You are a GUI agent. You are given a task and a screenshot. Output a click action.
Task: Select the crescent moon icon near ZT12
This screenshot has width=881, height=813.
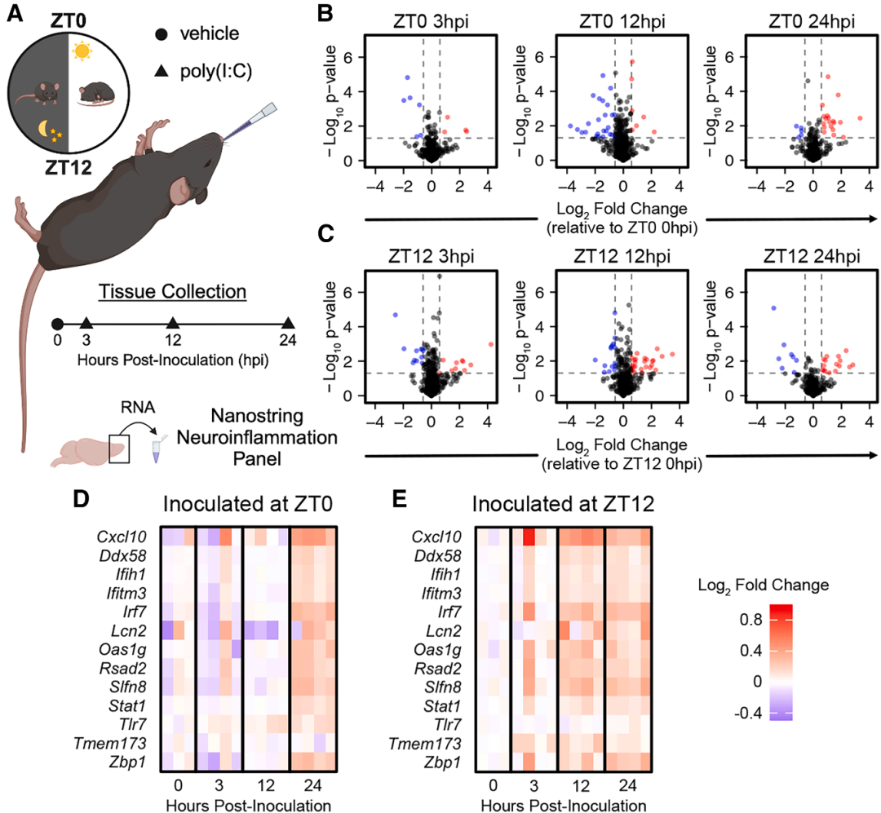[44, 129]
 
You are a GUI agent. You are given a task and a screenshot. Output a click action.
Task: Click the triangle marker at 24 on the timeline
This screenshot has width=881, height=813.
[287, 325]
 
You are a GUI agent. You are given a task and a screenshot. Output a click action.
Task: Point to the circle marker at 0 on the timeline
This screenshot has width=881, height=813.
[56, 325]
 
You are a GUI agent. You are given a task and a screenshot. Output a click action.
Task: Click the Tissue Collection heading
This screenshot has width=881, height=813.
[171, 292]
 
